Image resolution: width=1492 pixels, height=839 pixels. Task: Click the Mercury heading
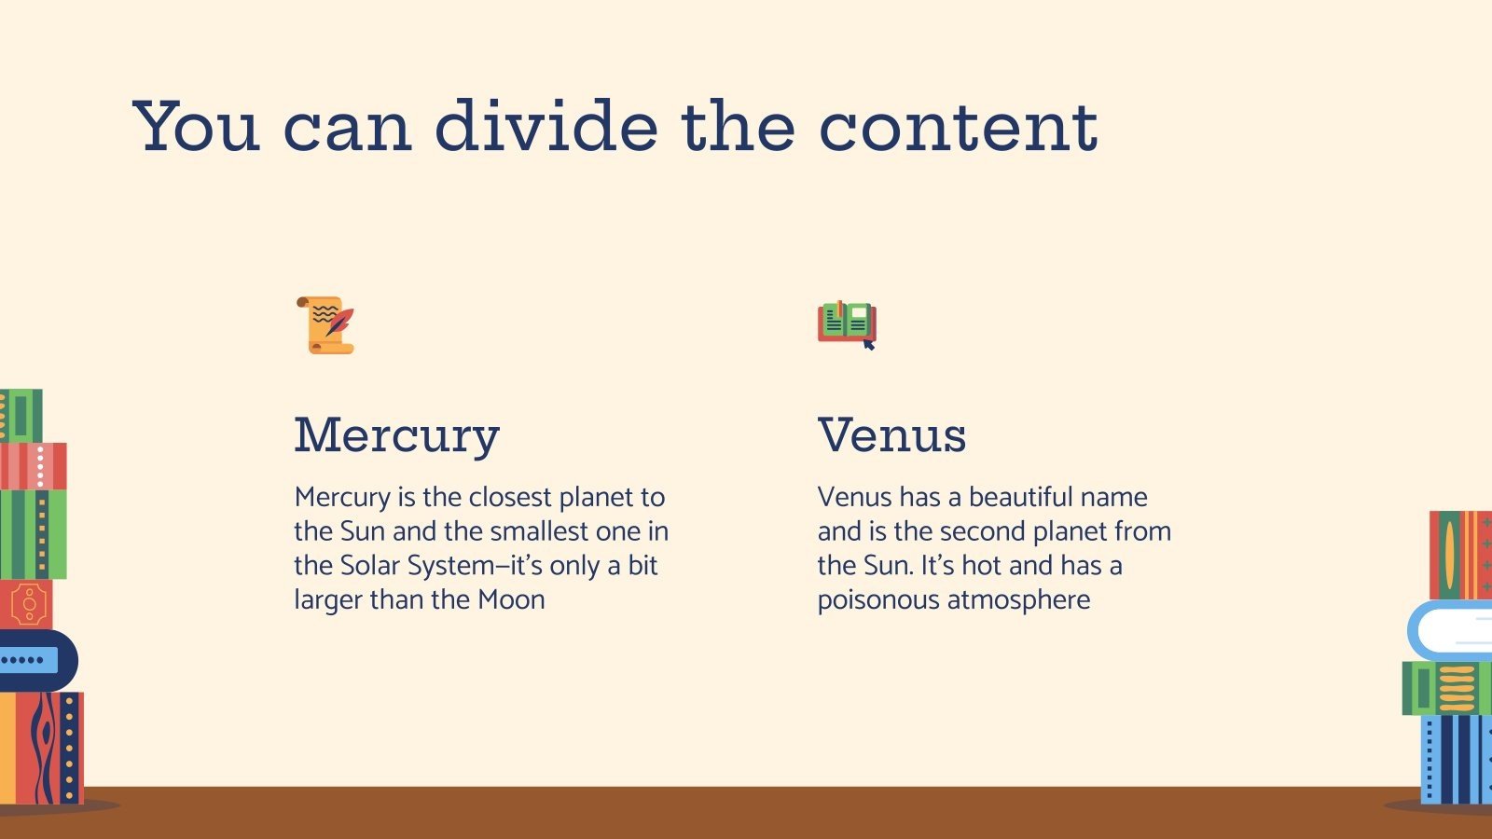tap(397, 435)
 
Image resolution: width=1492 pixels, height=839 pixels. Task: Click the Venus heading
tap(891, 435)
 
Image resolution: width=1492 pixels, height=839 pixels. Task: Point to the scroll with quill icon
tap(325, 325)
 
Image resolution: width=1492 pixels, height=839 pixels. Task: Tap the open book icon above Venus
tap(847, 323)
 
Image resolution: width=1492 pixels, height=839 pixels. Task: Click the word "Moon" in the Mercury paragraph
tap(511, 599)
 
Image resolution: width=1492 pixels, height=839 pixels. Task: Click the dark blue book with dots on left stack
tap(33, 660)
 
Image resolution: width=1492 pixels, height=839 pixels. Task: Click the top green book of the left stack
tap(21, 416)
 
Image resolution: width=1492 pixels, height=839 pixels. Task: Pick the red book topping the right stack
tap(1460, 555)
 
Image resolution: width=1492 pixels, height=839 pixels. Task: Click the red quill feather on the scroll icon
tap(340, 322)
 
